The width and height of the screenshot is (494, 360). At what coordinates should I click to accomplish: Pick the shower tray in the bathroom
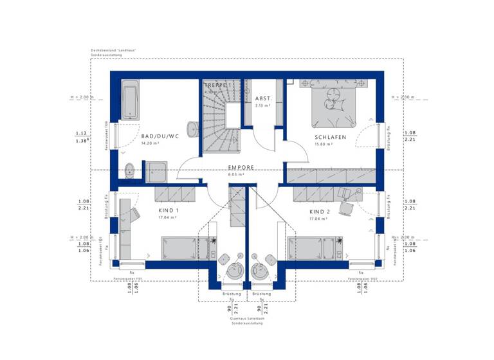pyautogui.click(x=156, y=172)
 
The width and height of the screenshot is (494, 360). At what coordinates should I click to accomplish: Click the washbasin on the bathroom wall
pyautogui.click(x=129, y=170)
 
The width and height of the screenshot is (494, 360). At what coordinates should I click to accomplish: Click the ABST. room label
pyautogui.click(x=264, y=98)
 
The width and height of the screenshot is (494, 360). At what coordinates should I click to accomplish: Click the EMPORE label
pyautogui.click(x=241, y=167)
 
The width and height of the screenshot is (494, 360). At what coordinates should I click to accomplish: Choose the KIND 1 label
pyautogui.click(x=169, y=211)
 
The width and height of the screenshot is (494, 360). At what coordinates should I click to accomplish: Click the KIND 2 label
pyautogui.click(x=319, y=211)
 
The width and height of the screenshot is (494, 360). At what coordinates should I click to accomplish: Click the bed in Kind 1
pyautogui.click(x=185, y=247)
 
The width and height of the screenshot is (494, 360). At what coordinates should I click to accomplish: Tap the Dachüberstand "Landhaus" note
pyautogui.click(x=113, y=50)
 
